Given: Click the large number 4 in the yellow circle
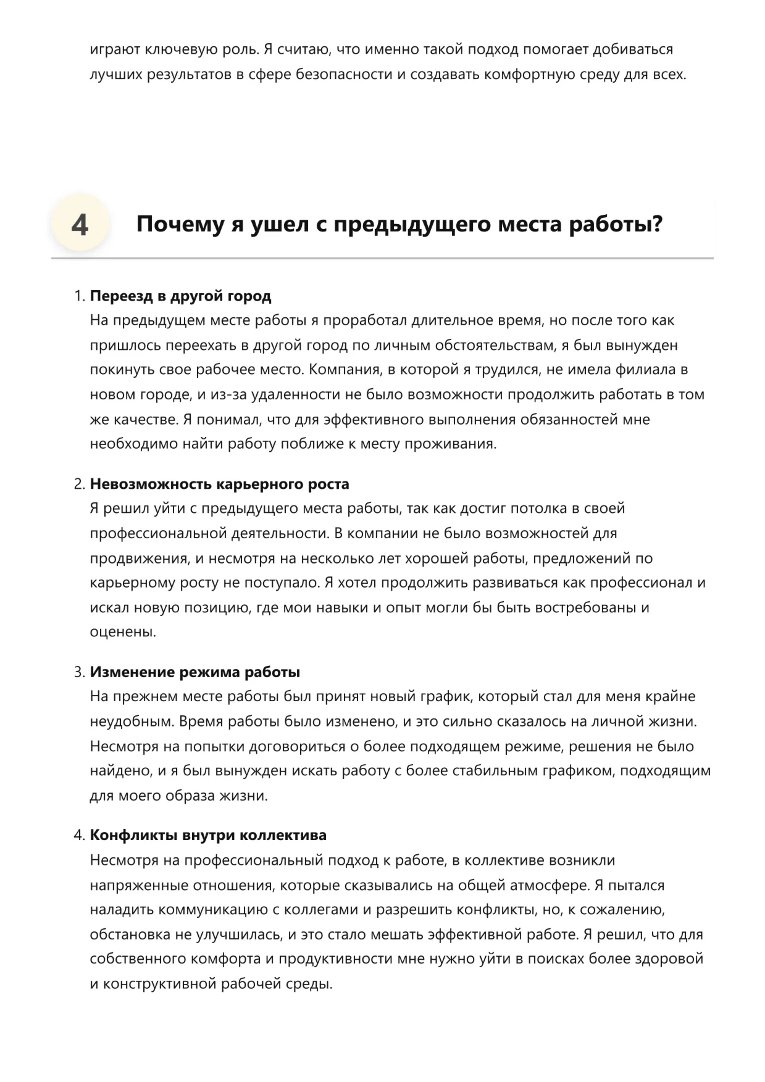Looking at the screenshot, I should click(80, 225).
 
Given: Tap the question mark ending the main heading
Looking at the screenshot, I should click(657, 224).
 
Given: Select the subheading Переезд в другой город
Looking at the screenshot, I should click(180, 296).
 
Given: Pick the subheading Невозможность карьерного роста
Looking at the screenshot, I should click(219, 484).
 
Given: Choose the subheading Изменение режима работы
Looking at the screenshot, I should click(195, 672).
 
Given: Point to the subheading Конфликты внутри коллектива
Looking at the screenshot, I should click(208, 836).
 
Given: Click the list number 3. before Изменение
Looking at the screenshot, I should click(79, 672).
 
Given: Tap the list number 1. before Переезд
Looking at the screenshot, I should click(79, 296).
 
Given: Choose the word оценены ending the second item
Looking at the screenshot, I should click(121, 632).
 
